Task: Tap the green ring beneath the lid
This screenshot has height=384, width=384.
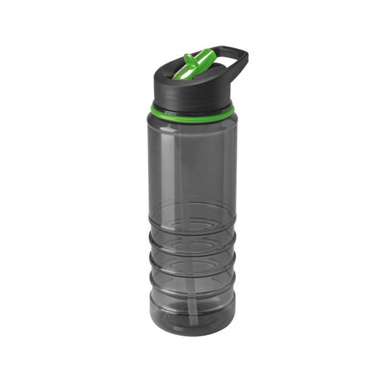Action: pos(193,108)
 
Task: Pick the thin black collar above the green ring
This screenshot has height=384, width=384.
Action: pos(193,102)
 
